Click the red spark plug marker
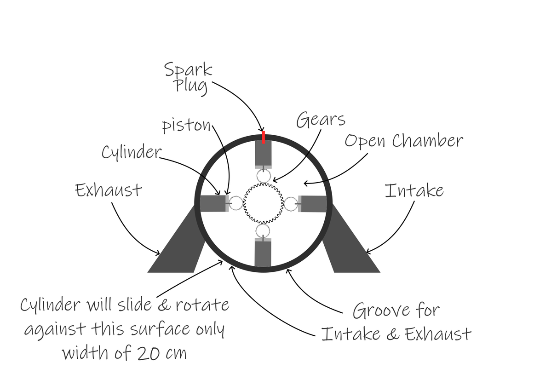[x=264, y=137]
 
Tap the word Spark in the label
[x=188, y=69]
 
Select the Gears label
[x=320, y=120]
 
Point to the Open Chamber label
[x=403, y=141]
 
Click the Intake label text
[x=414, y=190]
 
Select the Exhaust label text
[x=109, y=190]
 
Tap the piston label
[x=186, y=126]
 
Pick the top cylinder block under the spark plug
[x=264, y=154]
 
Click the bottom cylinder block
[x=263, y=253]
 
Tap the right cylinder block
[x=314, y=203]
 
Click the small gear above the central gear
[x=263, y=175]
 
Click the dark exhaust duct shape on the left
[x=179, y=248]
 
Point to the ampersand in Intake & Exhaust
[x=392, y=333]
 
